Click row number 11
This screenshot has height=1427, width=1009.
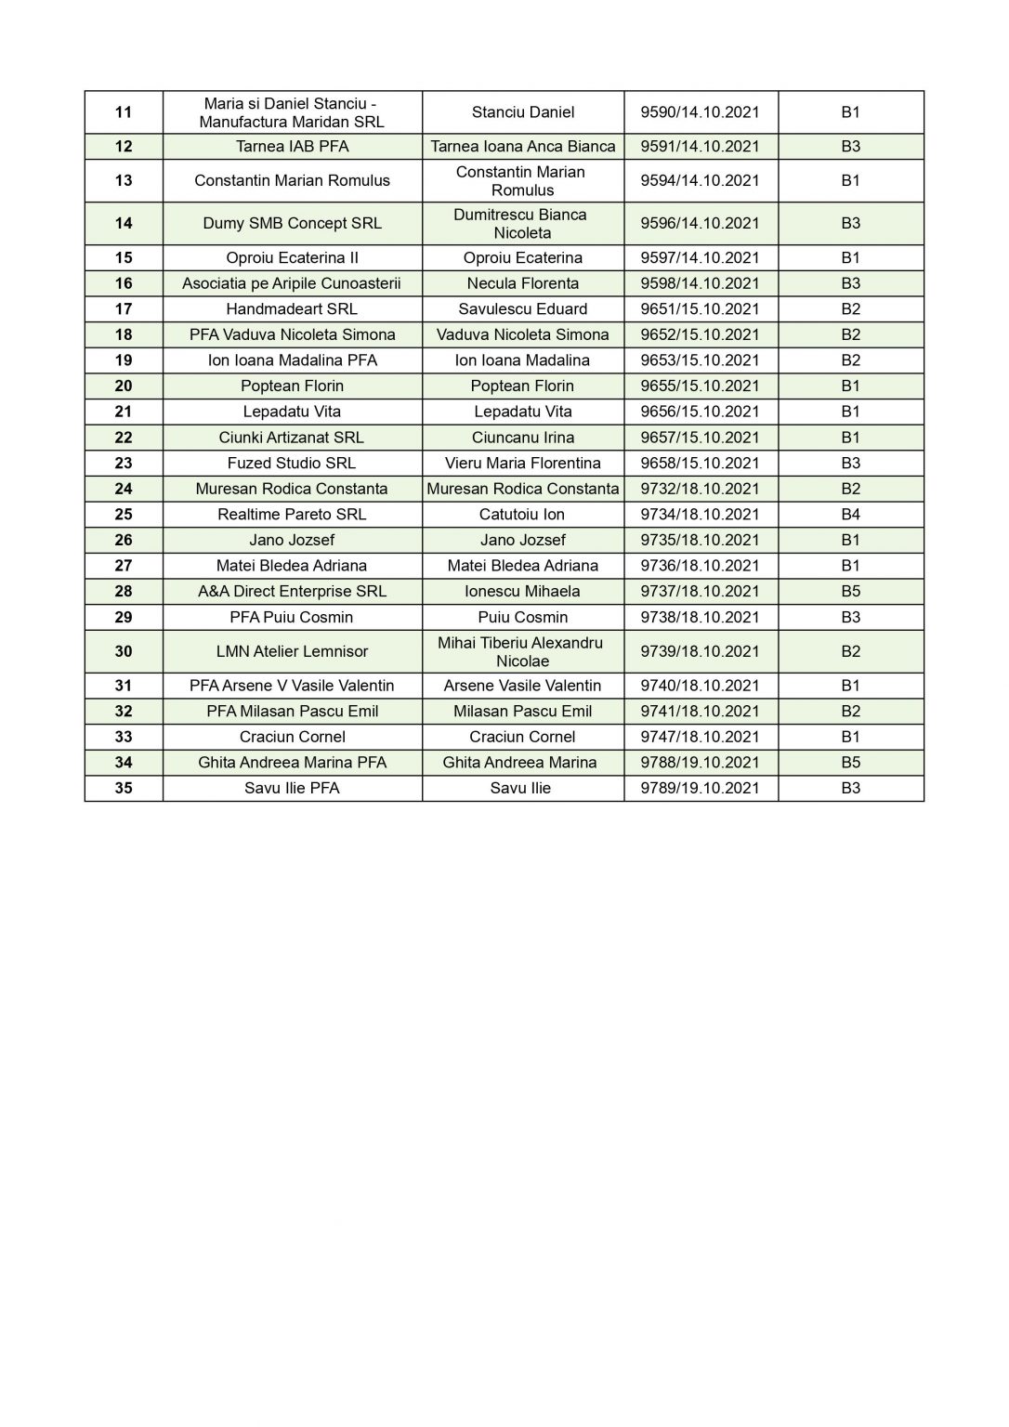[x=124, y=112]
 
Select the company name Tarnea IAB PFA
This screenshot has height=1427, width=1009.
[x=292, y=146]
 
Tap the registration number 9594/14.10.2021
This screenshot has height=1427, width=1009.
[x=700, y=180]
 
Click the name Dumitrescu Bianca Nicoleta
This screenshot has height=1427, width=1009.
[x=522, y=224]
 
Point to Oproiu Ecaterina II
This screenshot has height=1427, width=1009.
[x=292, y=257]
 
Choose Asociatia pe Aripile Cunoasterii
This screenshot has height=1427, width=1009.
[x=292, y=283]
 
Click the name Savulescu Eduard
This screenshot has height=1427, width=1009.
[x=522, y=309]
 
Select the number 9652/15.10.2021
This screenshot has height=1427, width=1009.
[x=700, y=334]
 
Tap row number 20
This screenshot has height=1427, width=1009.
[x=124, y=386]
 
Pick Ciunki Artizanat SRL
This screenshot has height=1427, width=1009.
[x=292, y=438]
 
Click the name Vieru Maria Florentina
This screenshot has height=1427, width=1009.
[x=522, y=463]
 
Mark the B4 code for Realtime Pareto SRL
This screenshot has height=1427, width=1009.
[x=850, y=514]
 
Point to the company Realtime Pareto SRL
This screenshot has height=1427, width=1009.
[x=292, y=514]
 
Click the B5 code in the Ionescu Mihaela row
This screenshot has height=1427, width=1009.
[x=850, y=591]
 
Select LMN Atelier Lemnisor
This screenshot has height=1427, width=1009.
[x=292, y=651]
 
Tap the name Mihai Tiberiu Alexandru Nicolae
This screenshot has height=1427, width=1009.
[x=522, y=651]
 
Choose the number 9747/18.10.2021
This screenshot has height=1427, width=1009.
[x=700, y=737]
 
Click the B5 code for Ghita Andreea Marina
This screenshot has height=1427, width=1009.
[x=850, y=763]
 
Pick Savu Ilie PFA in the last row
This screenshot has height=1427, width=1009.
[x=292, y=788]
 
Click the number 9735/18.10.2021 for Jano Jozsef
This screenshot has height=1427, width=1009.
[x=700, y=540]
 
